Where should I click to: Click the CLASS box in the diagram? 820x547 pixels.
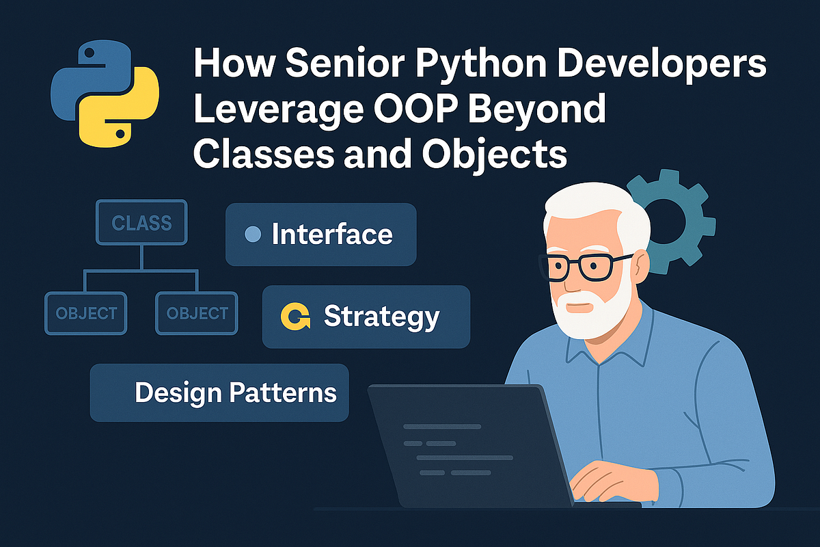click(x=141, y=223)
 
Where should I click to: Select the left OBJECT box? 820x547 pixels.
click(x=86, y=313)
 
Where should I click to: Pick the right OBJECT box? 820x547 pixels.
click(x=197, y=313)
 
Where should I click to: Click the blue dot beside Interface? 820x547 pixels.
click(x=252, y=235)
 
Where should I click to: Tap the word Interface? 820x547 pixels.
click(x=332, y=235)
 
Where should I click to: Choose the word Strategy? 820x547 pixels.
click(x=381, y=317)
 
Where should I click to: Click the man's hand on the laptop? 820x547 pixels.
click(x=608, y=479)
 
